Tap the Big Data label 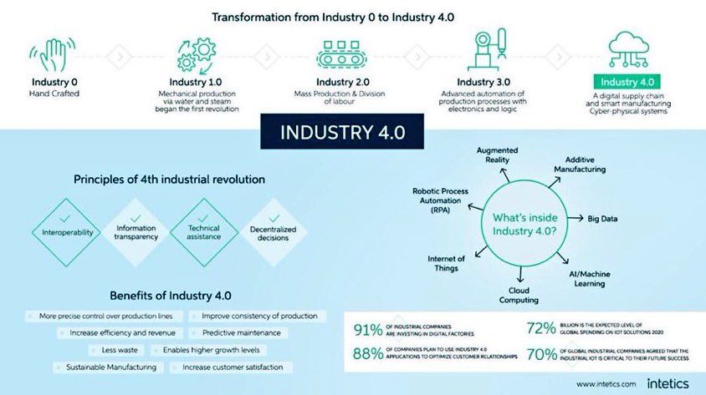602,220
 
